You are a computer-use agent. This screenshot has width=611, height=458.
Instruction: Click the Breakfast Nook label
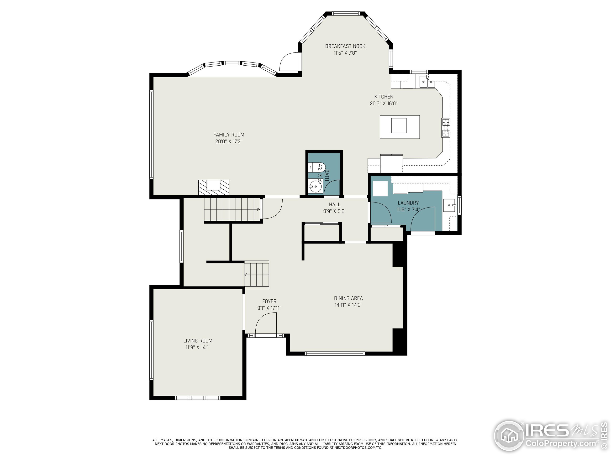345,46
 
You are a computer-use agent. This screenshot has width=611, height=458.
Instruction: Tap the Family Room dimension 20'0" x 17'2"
229,142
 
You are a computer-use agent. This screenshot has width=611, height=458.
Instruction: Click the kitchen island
399,127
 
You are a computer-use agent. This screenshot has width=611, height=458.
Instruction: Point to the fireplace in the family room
214,188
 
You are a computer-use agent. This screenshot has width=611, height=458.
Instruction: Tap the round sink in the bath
315,187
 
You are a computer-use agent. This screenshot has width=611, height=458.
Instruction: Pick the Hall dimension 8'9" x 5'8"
335,211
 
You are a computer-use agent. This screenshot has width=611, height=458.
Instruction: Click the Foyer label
269,301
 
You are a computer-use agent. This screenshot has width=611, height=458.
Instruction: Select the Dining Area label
348,298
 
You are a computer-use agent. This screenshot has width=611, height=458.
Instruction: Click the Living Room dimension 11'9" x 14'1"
198,347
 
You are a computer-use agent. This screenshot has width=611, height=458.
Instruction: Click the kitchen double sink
427,82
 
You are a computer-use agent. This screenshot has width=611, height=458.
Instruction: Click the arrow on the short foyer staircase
246,275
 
